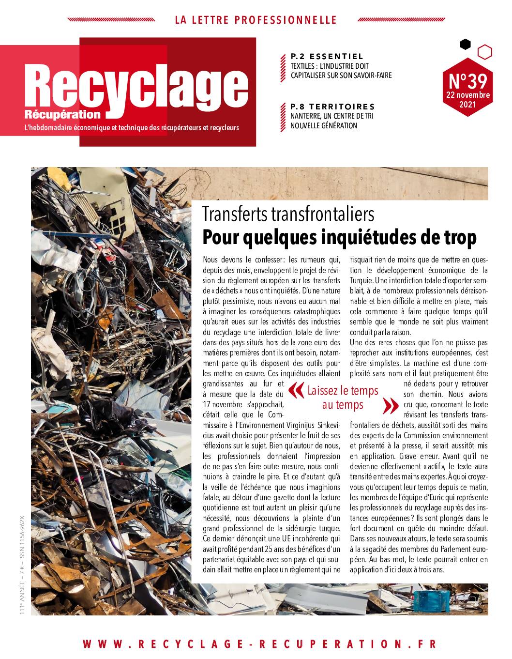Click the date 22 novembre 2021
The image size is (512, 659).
pos(467,100)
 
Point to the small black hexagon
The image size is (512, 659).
pos(465,45)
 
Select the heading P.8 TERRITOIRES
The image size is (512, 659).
pos(332,107)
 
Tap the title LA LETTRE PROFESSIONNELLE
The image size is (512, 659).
pos(256,20)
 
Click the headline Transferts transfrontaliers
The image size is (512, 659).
pos(288,214)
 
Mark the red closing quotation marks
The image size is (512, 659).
pos(391,406)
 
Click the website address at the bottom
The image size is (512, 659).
pos(259,644)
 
